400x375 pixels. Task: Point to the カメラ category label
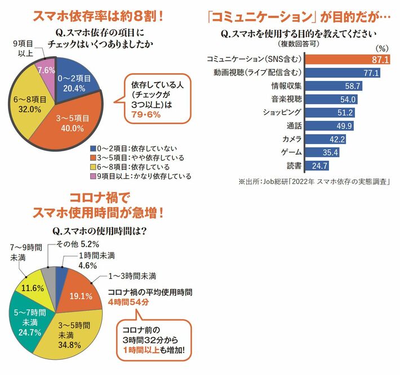click(x=292, y=139)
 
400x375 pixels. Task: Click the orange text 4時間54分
click(x=127, y=302)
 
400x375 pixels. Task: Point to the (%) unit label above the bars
click(x=381, y=49)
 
